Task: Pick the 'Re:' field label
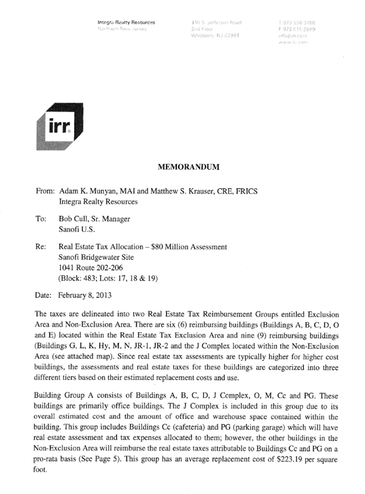tap(41, 247)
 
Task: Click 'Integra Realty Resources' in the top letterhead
tap(126, 22)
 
